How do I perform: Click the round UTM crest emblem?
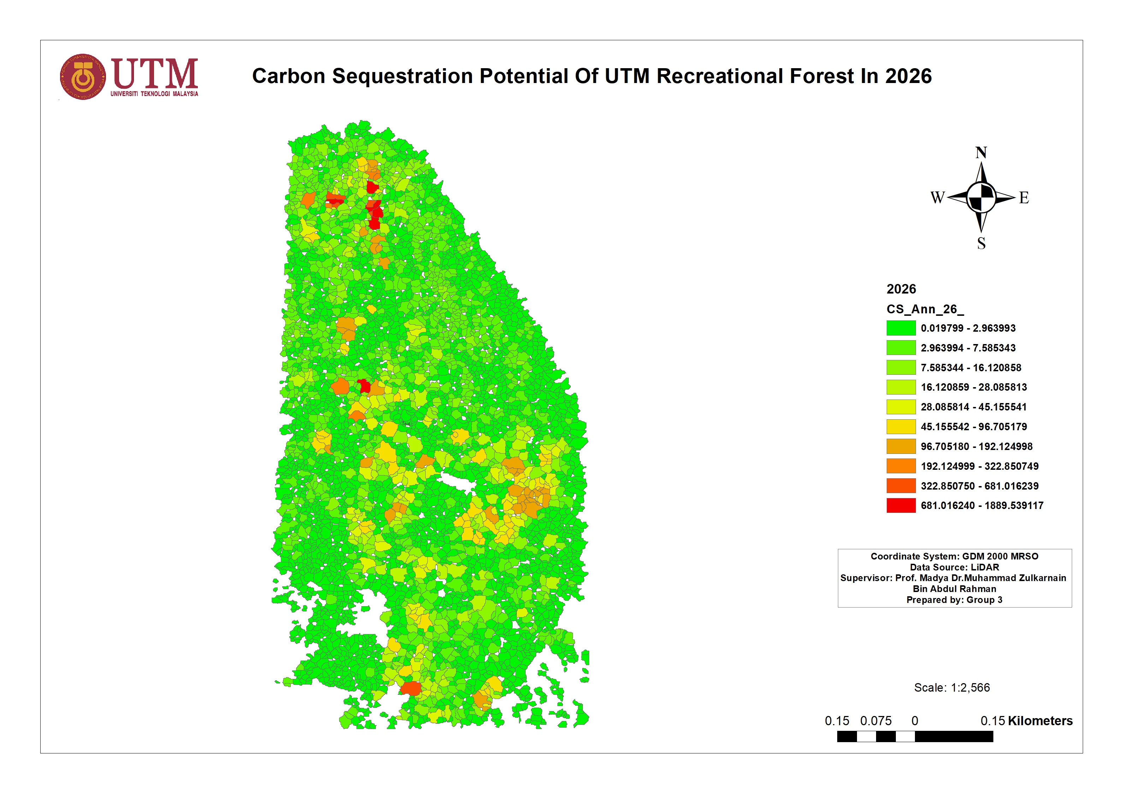(83, 77)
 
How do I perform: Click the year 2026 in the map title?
(908, 76)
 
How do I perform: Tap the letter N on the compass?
(981, 153)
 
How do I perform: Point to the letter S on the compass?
(981, 243)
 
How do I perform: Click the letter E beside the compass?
(1024, 198)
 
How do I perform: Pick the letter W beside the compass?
(937, 198)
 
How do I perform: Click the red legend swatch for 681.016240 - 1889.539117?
(900, 505)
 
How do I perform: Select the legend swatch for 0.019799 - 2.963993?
(900, 328)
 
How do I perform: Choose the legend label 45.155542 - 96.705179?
(973, 427)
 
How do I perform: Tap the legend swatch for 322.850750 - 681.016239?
(900, 486)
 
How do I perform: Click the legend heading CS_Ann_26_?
(925, 309)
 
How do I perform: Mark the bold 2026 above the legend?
(901, 289)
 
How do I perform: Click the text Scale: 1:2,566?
(951, 687)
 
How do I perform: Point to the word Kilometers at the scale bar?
(1040, 721)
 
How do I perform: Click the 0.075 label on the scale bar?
(875, 721)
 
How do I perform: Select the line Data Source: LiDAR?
(954, 567)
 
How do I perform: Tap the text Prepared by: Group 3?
(954, 600)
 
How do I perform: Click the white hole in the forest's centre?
(457, 483)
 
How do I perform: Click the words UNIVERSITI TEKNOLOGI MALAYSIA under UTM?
(154, 94)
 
